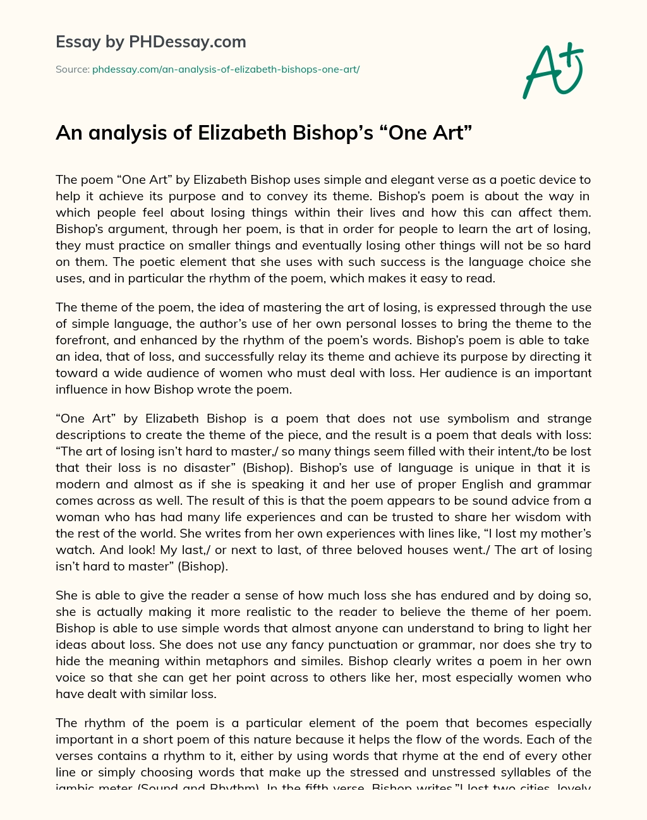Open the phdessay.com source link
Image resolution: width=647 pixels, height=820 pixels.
[x=226, y=69]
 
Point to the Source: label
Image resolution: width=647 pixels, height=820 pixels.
[x=72, y=69]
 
